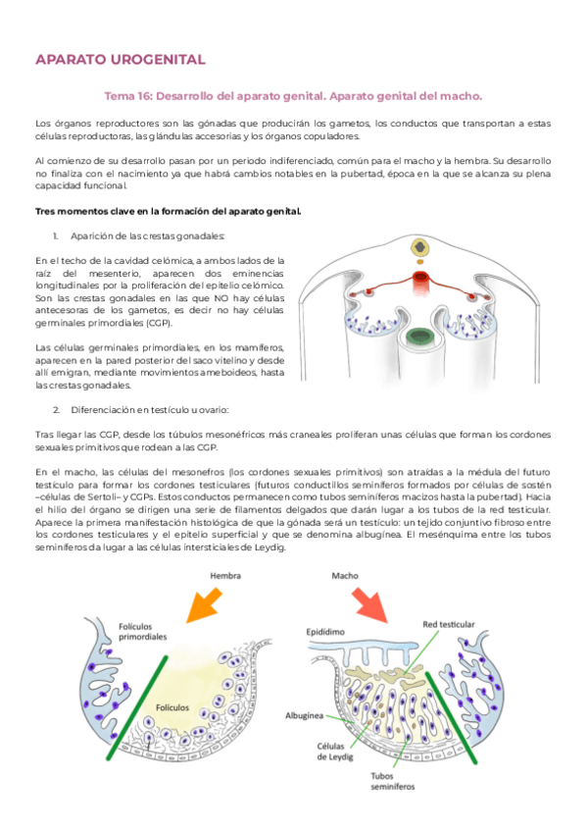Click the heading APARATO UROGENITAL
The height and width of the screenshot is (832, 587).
(121, 60)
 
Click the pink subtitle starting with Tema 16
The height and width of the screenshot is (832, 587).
(293, 96)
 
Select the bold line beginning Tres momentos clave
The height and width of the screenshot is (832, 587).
(168, 211)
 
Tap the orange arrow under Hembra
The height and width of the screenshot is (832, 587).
(205, 606)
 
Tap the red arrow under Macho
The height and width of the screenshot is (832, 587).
(369, 605)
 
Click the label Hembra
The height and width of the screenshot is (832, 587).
(225, 576)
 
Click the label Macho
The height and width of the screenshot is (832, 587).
(345, 576)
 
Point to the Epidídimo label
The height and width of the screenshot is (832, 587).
(325, 632)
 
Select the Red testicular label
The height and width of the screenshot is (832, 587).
(449, 625)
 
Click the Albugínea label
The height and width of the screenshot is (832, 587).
(304, 716)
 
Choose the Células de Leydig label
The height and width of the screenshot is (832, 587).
(335, 752)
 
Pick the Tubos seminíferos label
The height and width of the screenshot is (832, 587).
(393, 781)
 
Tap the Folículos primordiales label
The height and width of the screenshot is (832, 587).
(142, 632)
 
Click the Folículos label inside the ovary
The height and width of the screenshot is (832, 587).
(172, 707)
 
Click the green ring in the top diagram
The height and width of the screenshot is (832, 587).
(419, 336)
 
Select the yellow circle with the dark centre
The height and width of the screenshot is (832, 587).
(420, 247)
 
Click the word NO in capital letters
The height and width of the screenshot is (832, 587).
(220, 298)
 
